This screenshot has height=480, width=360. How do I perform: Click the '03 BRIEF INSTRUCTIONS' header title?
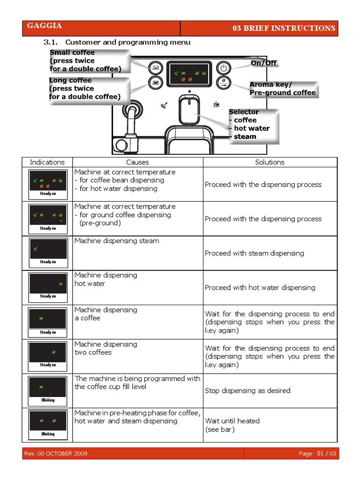[284, 28]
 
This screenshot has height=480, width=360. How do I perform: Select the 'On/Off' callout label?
[264, 63]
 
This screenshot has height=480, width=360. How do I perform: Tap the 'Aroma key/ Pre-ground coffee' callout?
[283, 89]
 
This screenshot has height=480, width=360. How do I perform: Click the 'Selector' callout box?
[253, 124]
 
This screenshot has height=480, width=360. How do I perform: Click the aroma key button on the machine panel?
[224, 83]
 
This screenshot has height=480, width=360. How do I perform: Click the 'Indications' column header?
[47, 162]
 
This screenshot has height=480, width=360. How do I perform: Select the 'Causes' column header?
[137, 162]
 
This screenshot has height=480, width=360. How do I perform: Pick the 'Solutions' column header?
[270, 162]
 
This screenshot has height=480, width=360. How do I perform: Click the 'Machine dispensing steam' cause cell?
[117, 241]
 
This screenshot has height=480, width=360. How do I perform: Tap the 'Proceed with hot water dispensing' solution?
[260, 287]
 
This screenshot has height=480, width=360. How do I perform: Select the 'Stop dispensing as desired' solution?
[247, 390]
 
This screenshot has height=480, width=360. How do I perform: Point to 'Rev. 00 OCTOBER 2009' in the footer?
[55, 454]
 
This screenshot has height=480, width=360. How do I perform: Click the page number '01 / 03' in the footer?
[326, 454]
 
